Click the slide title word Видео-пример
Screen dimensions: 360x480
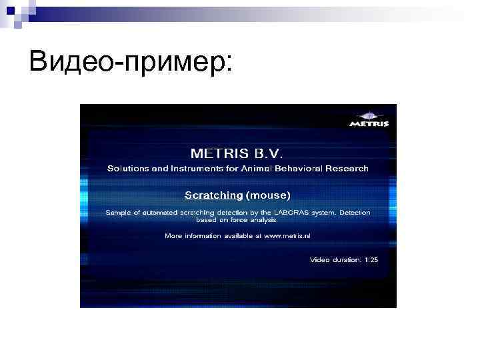tap(127, 62)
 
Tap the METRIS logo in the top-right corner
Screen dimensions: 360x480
tap(369, 119)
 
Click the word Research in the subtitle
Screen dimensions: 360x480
tap(348, 169)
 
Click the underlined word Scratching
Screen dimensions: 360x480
tap(213, 195)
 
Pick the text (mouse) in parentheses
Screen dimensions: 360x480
tap(269, 195)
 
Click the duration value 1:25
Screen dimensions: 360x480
tap(371, 259)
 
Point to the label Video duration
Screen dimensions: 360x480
tap(335, 259)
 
